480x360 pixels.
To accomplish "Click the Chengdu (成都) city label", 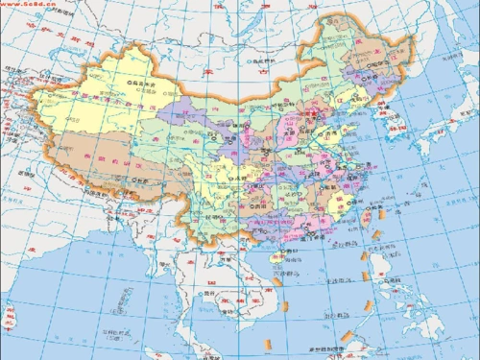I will tap(225, 181).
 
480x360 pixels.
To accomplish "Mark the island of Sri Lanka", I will tap(11, 315).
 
